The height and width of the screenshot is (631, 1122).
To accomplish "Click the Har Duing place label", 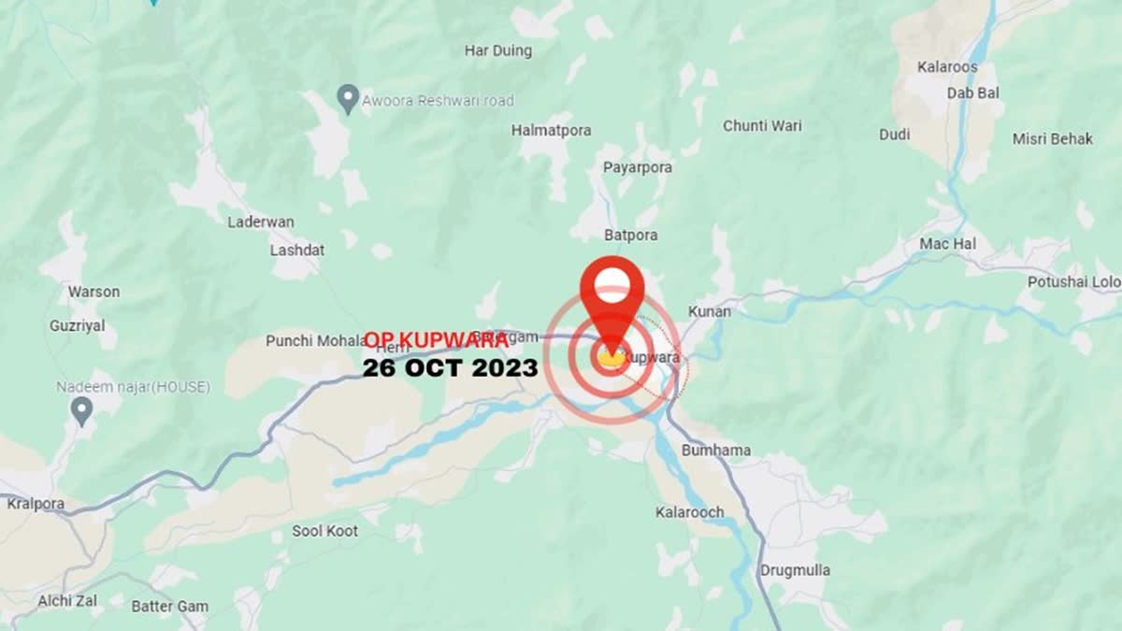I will point(497,50).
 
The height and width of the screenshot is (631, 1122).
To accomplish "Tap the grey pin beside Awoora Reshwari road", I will point(348,98).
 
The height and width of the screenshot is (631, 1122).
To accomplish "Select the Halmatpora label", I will point(551,131).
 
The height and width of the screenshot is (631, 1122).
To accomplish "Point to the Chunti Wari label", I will point(762,125).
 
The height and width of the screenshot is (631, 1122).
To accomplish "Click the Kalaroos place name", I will point(947,67).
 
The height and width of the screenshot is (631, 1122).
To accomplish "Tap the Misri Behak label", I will point(1052,139).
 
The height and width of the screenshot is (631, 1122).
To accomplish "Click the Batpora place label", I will point(631,235).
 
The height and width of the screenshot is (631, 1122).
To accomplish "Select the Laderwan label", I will point(261,222).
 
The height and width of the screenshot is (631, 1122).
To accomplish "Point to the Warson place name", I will point(93,292).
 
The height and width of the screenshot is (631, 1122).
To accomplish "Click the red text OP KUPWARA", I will point(436,340).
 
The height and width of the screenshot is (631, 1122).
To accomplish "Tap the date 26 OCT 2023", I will point(450,368).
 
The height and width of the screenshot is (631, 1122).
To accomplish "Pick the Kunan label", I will point(710,311).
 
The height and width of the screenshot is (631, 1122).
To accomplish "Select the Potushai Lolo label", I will point(1073,281).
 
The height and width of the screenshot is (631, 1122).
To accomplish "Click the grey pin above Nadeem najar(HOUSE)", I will point(82,409).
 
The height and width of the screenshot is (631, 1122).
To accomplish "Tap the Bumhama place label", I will point(716,451).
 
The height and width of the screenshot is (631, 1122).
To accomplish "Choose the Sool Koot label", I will point(324,531).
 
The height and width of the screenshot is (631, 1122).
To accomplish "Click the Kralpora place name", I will point(36,504).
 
